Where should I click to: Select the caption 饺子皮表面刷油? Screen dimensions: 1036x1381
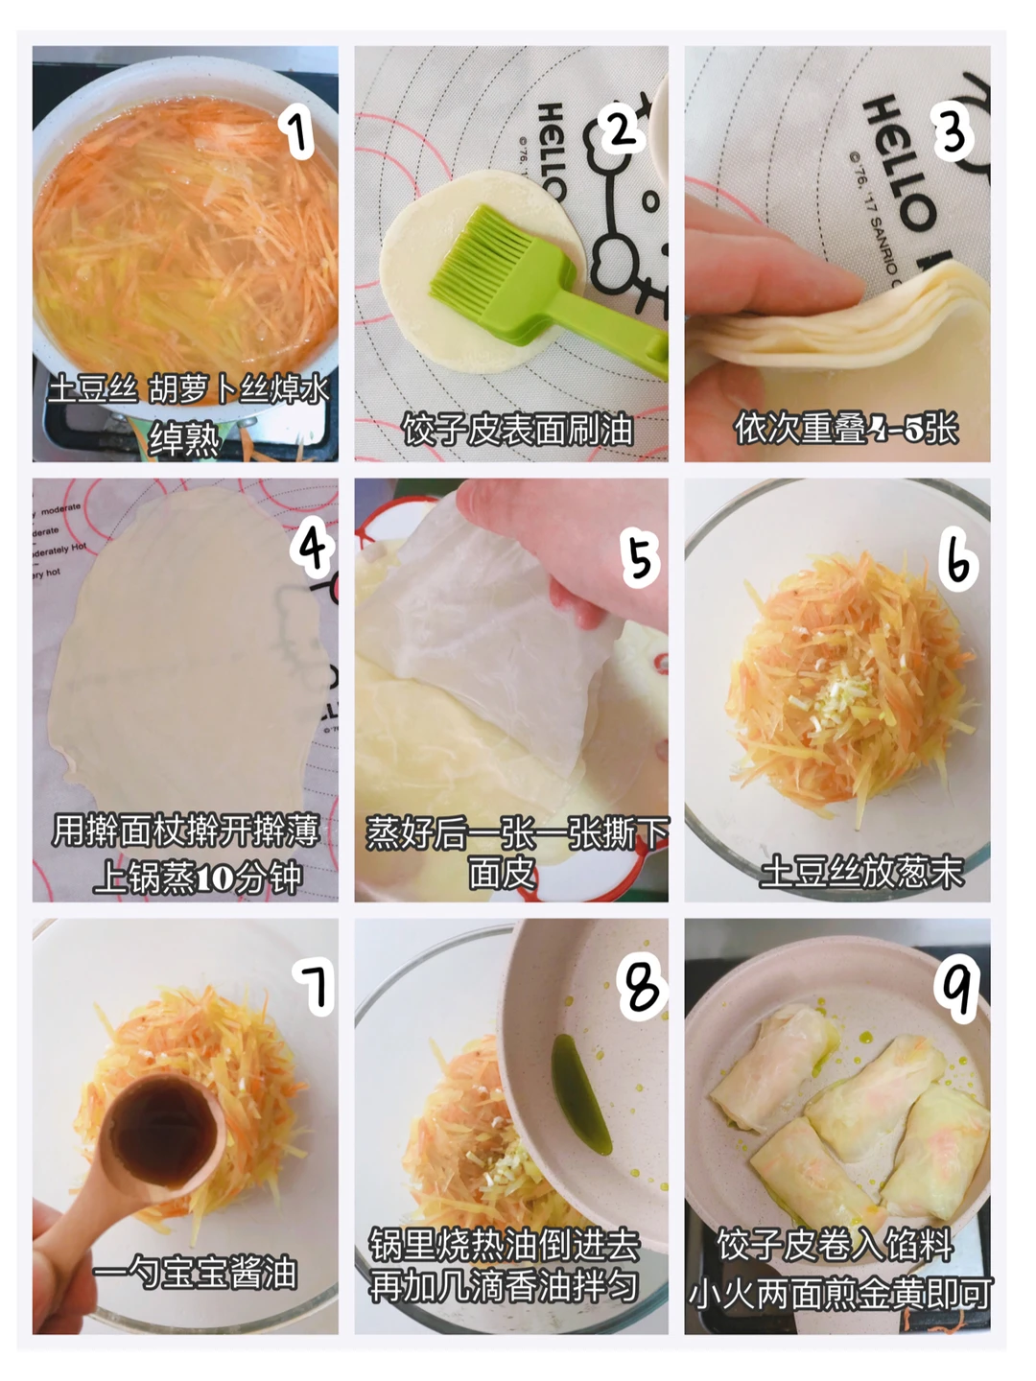[x=516, y=430]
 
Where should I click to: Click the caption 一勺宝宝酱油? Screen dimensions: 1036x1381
[x=195, y=1273]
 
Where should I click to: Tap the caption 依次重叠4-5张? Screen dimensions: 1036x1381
[x=846, y=429]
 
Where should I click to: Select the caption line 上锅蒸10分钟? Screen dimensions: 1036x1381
[x=197, y=878]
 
